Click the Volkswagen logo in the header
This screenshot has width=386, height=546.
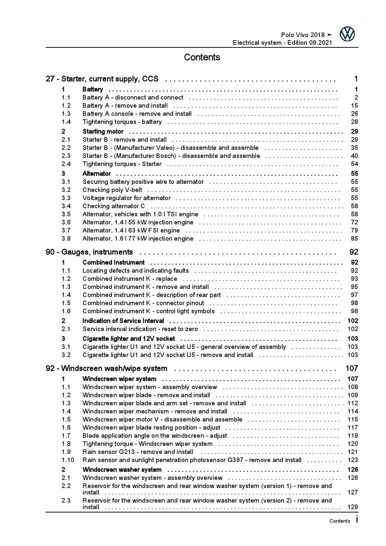point(347,34)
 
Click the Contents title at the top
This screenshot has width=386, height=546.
point(202,57)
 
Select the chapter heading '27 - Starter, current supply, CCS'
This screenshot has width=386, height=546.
point(102,79)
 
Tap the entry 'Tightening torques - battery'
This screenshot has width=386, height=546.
point(122,122)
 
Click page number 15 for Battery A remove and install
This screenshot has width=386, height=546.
point(354,106)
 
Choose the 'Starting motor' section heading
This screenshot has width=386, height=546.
point(103,132)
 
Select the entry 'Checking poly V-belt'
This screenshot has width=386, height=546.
point(112,190)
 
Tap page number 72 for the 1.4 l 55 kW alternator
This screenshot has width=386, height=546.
point(354,222)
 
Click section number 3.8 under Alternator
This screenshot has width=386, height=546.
point(66,239)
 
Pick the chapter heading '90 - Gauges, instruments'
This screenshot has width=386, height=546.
point(89,252)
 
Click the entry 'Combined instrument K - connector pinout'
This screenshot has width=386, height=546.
point(143,303)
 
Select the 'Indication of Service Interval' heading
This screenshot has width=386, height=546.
point(123,321)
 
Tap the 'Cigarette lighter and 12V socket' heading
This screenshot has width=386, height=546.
point(129,339)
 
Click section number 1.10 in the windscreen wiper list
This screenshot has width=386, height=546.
point(68,460)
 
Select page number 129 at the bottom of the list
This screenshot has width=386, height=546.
point(353,507)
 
